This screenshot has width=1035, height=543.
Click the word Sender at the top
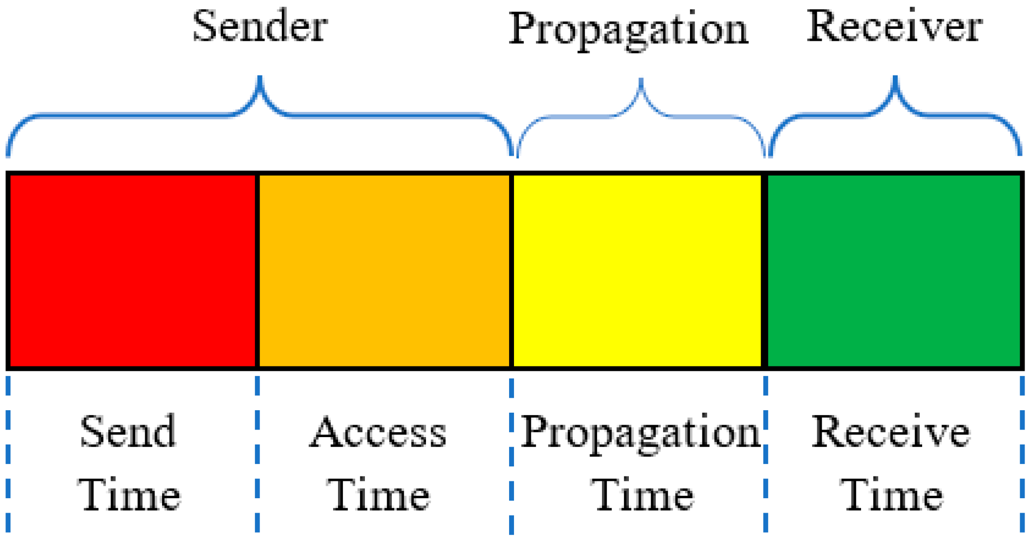pos(259,27)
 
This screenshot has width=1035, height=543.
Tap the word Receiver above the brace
pos(894,27)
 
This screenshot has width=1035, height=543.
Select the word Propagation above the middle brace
pos(628,30)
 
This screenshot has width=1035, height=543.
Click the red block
pos(133,271)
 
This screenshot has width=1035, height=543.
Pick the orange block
pos(384,271)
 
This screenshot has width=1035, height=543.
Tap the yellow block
pos(637,271)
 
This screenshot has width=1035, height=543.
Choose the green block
pos(893,271)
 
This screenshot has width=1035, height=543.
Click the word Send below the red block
pos(128,432)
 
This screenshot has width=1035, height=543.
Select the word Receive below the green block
pos(891,432)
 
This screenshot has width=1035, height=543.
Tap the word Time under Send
pos(129,495)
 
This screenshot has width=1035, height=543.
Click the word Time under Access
pos(378,495)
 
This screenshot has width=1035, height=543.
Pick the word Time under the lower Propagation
pos(642,495)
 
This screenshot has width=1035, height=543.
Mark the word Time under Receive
pos(892,495)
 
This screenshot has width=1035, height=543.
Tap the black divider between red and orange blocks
pos(257,271)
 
